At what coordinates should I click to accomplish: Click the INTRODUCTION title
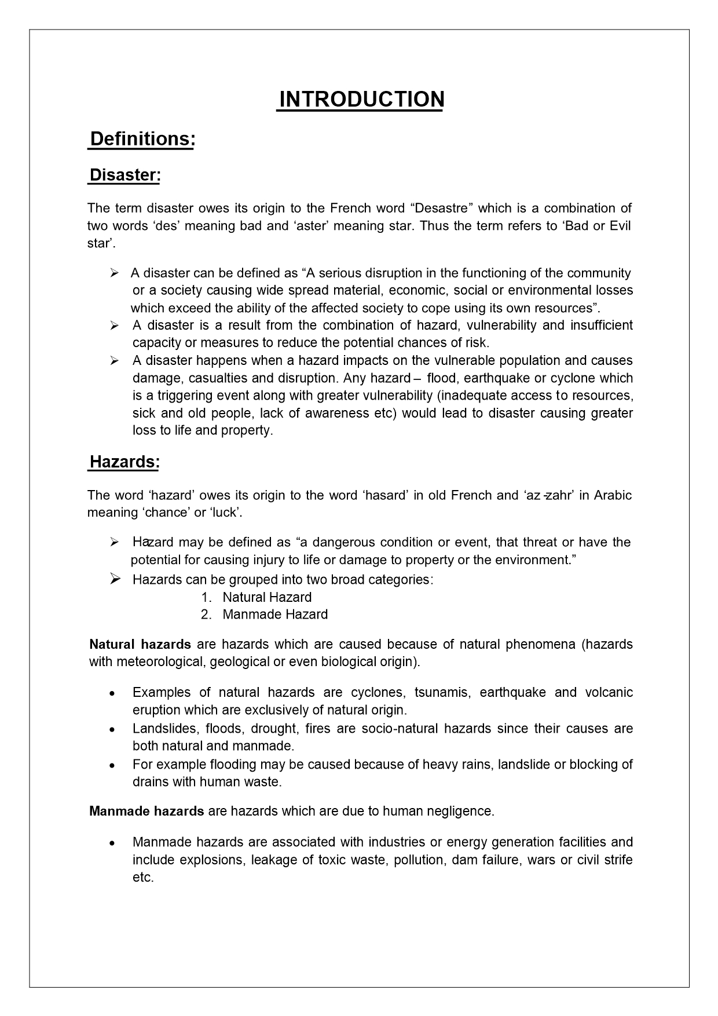361,100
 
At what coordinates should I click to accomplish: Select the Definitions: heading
142,140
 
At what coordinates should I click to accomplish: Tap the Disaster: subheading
124,175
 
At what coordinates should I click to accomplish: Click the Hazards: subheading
124,462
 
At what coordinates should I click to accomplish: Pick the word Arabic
613,496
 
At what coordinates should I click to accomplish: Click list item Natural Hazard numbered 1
267,597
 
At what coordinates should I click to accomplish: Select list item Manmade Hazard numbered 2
275,615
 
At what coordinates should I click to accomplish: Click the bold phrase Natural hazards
140,645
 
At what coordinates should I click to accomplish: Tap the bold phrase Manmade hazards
146,812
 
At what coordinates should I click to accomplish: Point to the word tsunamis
441,693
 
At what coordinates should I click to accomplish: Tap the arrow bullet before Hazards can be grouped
115,579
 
